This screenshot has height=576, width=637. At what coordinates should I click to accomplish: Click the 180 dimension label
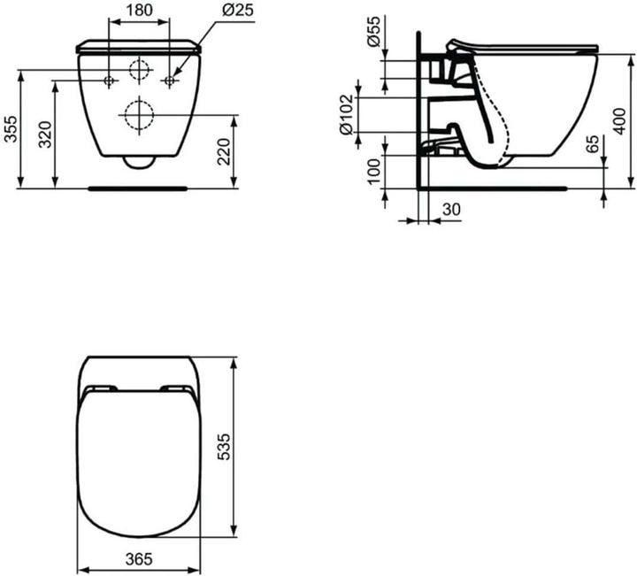[138, 11]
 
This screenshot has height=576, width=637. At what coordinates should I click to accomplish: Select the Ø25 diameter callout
[234, 11]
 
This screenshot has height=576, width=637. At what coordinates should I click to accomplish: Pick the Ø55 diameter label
[374, 32]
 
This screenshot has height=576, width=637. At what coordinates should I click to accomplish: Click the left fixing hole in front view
[110, 81]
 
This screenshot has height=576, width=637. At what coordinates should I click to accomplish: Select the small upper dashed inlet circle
[139, 71]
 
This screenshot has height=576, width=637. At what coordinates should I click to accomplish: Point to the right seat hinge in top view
[177, 389]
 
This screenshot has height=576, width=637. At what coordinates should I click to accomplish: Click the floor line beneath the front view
[139, 188]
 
